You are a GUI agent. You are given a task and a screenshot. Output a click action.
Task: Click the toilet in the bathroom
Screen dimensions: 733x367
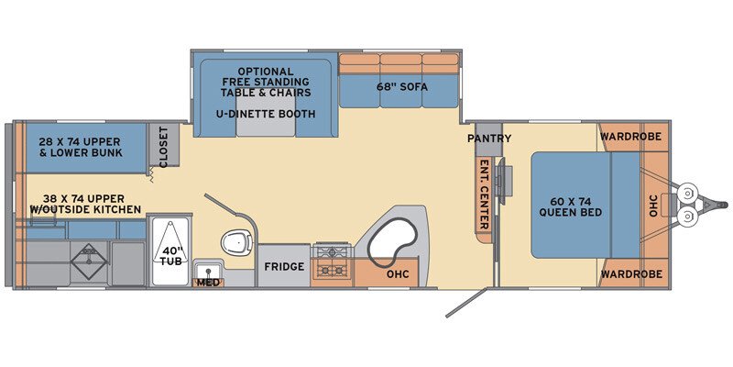(236, 241)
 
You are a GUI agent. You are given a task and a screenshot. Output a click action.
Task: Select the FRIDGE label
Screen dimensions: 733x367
(284, 266)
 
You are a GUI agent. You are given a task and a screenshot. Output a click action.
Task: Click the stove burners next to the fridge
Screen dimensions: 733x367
(332, 261)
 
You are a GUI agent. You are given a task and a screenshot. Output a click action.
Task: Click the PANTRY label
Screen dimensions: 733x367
(489, 139)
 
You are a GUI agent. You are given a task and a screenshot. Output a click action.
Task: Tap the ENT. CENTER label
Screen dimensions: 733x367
(485, 195)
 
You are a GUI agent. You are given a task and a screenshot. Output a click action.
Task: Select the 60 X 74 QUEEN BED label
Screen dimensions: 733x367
(570, 207)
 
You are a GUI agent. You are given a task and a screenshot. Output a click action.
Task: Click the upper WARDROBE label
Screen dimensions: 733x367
(630, 137)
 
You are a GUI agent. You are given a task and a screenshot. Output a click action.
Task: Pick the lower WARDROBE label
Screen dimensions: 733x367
(631, 273)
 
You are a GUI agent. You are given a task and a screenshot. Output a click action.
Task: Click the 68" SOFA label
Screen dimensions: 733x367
(402, 87)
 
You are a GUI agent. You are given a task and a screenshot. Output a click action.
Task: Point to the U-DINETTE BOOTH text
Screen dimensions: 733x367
(266, 114)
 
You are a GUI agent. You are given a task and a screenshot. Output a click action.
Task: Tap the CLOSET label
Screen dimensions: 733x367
(164, 147)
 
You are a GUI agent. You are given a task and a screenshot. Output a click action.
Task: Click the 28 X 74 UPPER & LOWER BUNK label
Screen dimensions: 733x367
(80, 147)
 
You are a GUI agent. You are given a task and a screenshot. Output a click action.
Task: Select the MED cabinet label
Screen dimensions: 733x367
(208, 283)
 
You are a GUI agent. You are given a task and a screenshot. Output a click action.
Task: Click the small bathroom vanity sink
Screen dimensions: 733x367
(204, 271)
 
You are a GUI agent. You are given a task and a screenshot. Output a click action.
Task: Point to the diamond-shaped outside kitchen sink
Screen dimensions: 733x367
(88, 261)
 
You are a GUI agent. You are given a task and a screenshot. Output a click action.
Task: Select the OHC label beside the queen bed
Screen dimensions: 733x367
(653, 206)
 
